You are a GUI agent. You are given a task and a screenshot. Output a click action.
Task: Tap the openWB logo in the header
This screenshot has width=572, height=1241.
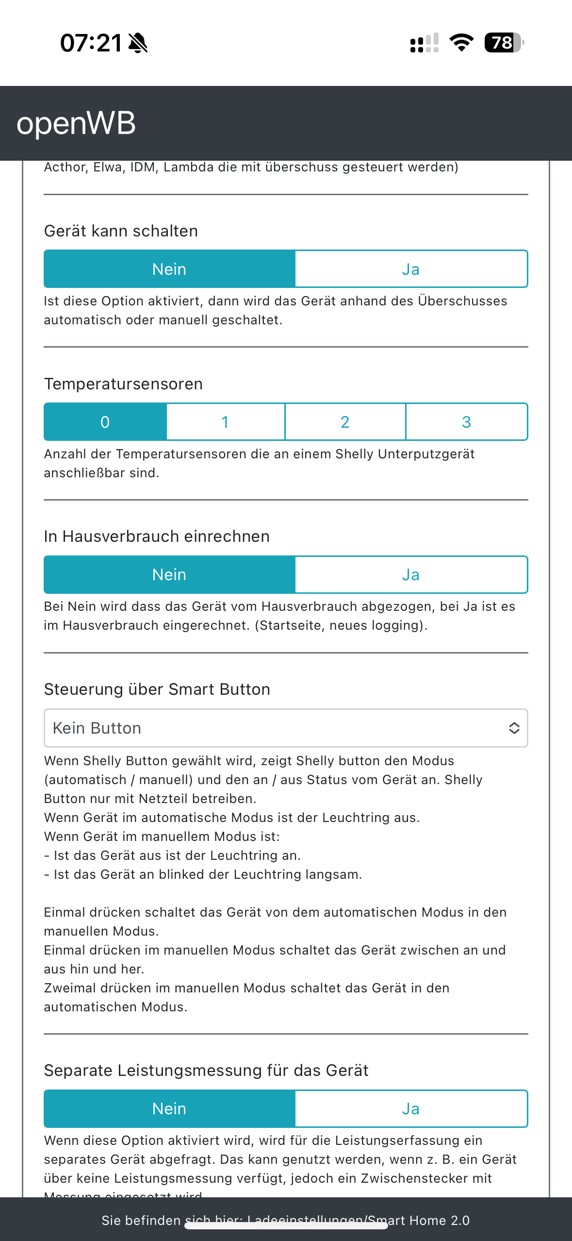click(x=76, y=123)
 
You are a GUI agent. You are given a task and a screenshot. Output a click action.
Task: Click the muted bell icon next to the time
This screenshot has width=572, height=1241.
click(x=138, y=43)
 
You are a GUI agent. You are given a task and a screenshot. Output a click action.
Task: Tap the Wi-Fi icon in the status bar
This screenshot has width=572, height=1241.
click(x=461, y=43)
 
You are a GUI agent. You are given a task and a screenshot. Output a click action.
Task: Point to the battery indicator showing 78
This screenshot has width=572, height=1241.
click(x=504, y=43)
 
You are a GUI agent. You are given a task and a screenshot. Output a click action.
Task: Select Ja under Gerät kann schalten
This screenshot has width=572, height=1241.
click(x=411, y=269)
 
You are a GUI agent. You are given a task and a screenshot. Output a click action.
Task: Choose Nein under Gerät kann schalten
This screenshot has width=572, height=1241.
click(x=169, y=269)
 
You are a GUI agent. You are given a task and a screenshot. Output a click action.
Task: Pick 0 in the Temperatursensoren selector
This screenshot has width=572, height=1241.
click(x=105, y=422)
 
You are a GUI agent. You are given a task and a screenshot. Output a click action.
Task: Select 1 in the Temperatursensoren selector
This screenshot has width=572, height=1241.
click(x=225, y=422)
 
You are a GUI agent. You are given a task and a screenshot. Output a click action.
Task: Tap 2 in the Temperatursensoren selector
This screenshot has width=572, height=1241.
click(x=345, y=422)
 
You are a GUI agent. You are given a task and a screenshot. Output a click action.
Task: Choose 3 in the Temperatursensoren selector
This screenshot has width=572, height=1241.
click(x=466, y=422)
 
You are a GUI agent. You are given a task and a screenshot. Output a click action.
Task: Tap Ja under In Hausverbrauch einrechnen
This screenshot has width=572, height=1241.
click(x=411, y=575)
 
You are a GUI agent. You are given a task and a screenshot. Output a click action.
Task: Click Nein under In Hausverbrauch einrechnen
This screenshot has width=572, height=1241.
click(x=169, y=575)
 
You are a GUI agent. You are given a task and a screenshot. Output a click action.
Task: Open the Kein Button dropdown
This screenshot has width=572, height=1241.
click(x=272, y=728)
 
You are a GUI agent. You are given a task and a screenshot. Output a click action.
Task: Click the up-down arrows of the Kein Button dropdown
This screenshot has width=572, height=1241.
click(x=514, y=728)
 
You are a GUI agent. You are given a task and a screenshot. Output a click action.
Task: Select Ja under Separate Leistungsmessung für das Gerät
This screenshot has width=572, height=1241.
click(x=411, y=1109)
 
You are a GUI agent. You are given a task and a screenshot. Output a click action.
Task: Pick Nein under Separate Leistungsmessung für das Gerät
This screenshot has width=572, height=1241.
click(x=169, y=1109)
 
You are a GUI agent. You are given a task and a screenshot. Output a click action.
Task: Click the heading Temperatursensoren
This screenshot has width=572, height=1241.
click(x=123, y=384)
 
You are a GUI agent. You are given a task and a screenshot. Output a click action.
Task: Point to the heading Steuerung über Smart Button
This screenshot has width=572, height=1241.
click(x=157, y=689)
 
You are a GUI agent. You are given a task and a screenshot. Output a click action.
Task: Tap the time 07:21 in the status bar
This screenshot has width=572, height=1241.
click(x=91, y=43)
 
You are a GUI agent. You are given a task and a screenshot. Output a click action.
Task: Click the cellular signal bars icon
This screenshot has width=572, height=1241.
click(x=425, y=43)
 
